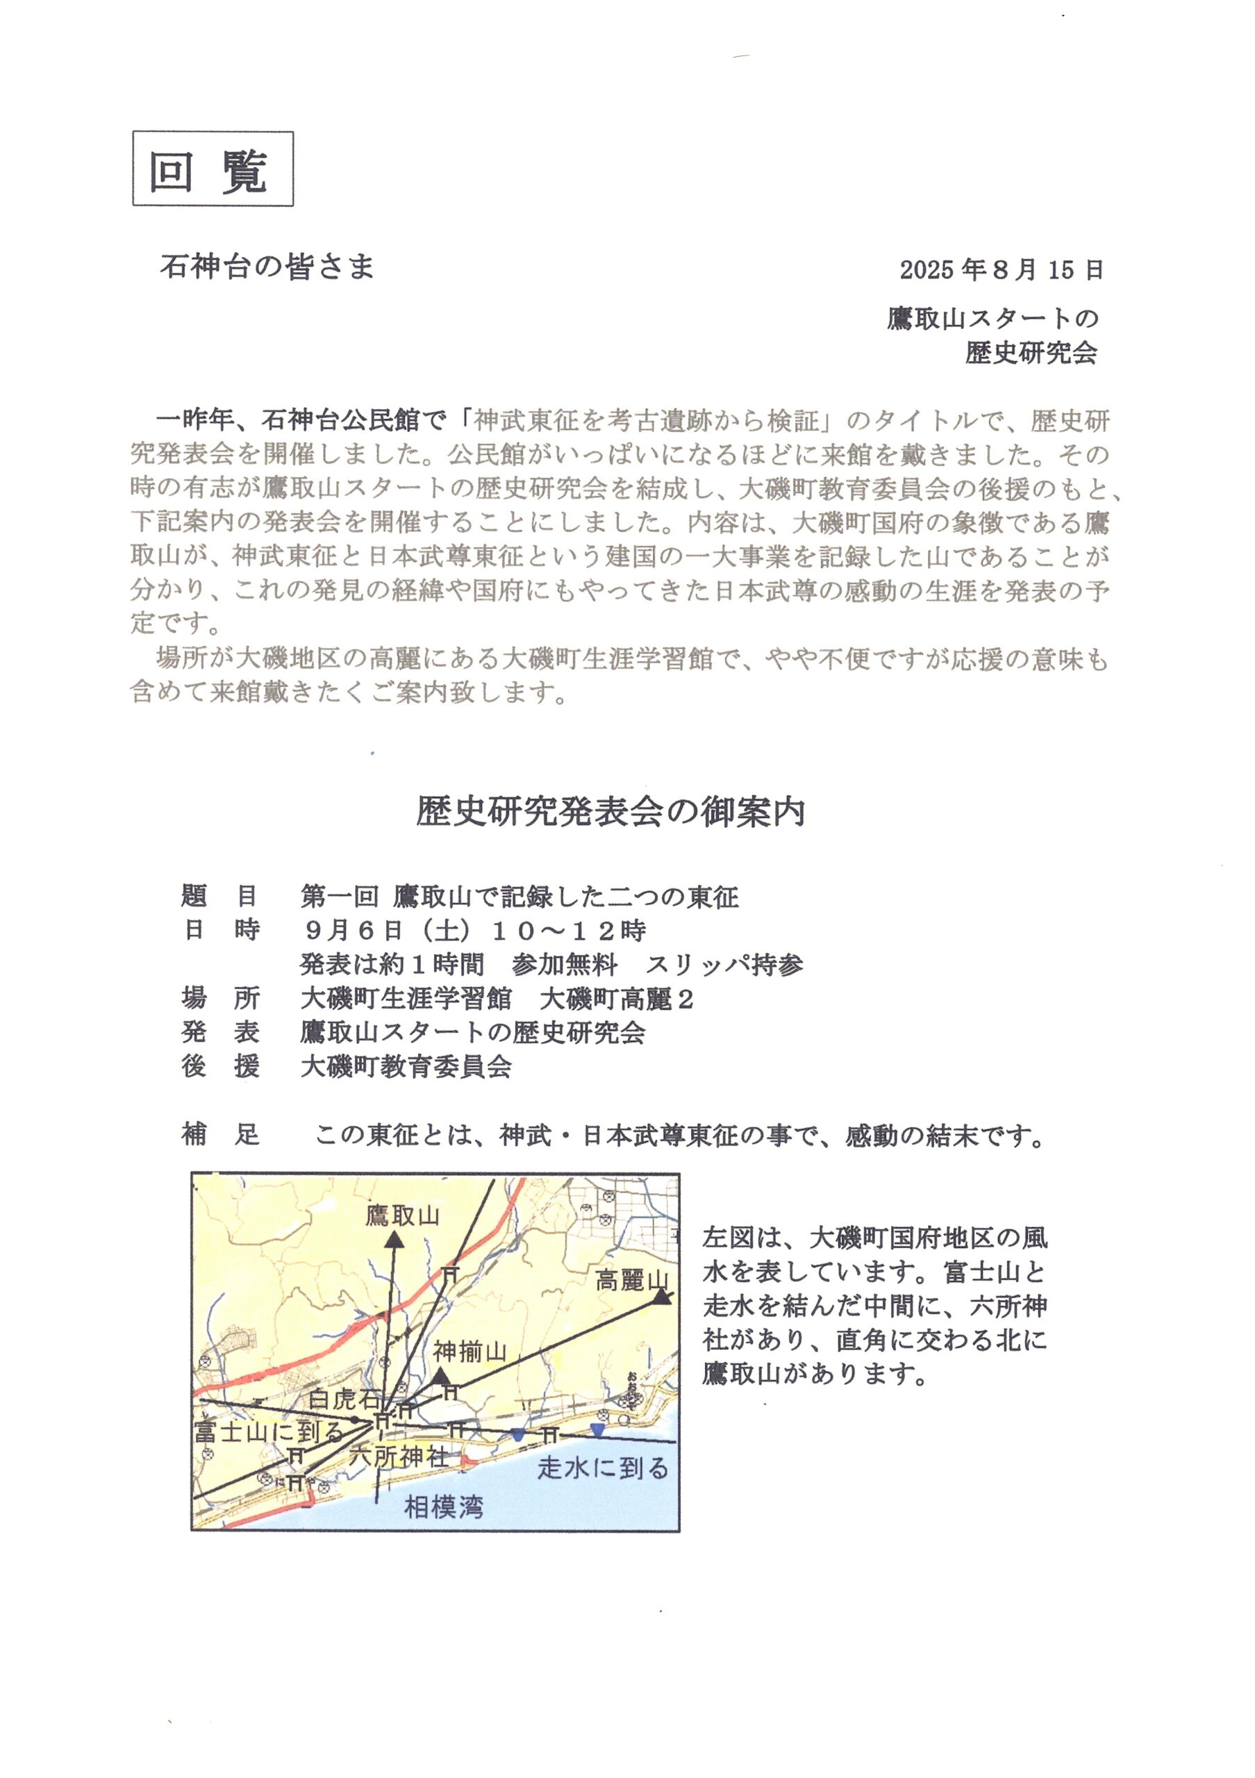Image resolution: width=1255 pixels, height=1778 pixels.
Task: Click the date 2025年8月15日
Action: point(1001,269)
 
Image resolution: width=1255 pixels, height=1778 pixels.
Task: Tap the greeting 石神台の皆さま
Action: point(267,267)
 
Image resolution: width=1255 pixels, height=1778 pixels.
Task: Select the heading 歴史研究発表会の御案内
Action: point(610,812)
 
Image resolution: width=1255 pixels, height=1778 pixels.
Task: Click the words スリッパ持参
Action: point(724,964)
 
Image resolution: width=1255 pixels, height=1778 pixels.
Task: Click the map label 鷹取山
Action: point(403,1216)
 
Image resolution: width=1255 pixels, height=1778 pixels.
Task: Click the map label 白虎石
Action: point(344,1399)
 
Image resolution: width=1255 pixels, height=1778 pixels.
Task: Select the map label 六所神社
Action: point(398,1456)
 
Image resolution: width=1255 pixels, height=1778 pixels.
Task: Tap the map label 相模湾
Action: point(444,1507)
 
